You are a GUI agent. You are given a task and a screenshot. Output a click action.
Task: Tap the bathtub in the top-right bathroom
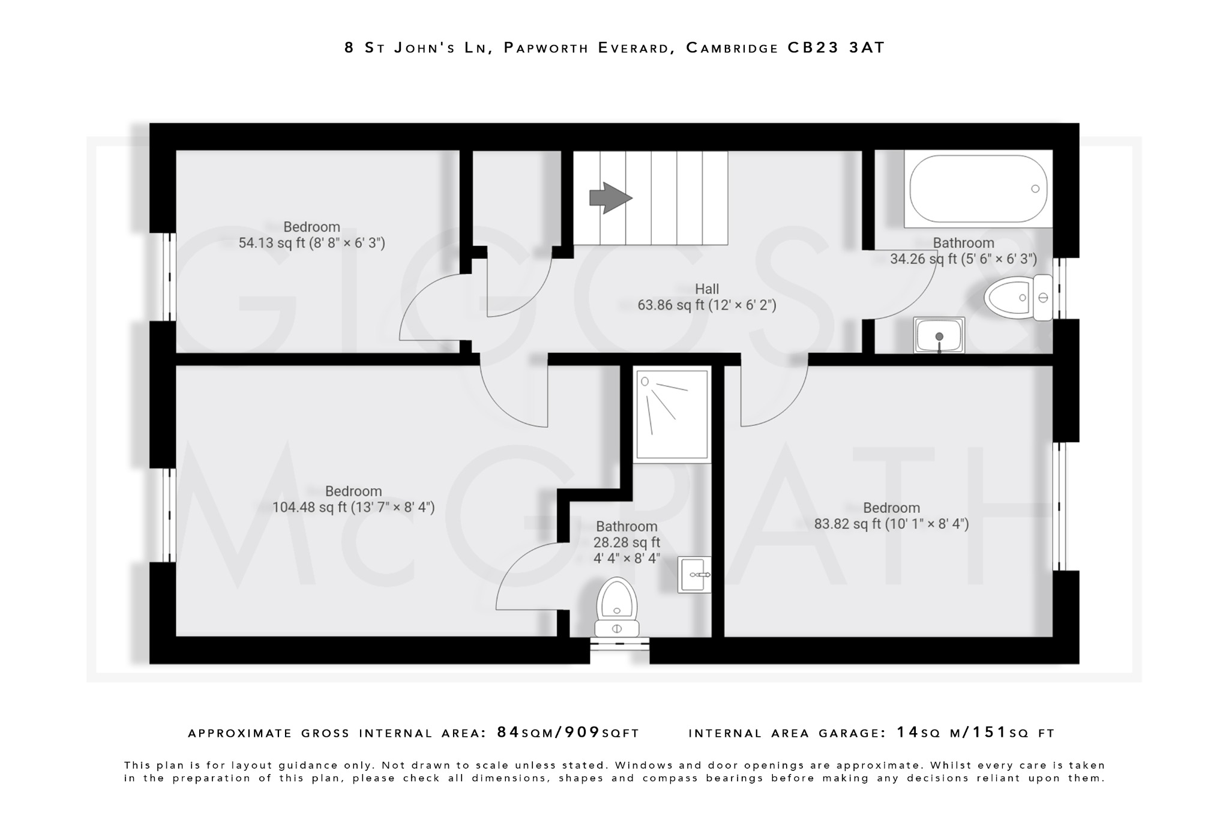(x=978, y=189)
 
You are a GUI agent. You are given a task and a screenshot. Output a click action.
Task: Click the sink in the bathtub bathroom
(x=939, y=335)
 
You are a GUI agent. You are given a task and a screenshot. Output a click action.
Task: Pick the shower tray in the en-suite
(x=672, y=414)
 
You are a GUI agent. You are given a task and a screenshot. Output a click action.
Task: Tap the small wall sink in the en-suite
(x=695, y=575)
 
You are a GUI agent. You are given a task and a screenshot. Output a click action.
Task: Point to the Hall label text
(x=707, y=289)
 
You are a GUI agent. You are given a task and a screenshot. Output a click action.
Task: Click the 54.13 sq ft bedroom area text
(x=311, y=243)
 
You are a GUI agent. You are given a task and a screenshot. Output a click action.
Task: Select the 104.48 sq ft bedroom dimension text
(x=353, y=508)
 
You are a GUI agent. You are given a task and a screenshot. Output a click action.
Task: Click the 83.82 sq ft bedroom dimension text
(x=891, y=524)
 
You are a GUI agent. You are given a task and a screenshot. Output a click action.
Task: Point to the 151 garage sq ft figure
(x=990, y=732)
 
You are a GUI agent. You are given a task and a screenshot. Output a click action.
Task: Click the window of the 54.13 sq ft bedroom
(x=170, y=277)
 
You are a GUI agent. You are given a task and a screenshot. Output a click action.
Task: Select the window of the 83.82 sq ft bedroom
(x=1059, y=506)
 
